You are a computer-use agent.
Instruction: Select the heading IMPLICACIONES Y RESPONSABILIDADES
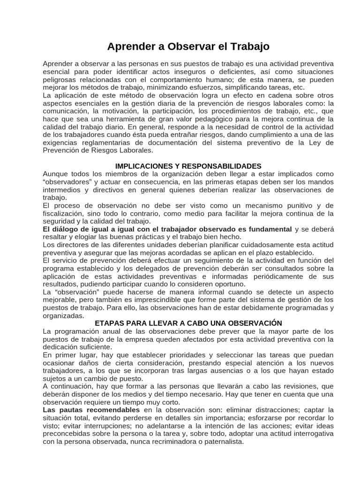pyautogui.click(x=188, y=166)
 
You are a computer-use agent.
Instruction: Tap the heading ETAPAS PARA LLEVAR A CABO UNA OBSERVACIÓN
pyautogui.click(x=188, y=323)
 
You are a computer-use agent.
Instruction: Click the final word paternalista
pyautogui.click(x=221, y=442)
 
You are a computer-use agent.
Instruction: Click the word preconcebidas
pyautogui.click(x=68, y=434)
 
